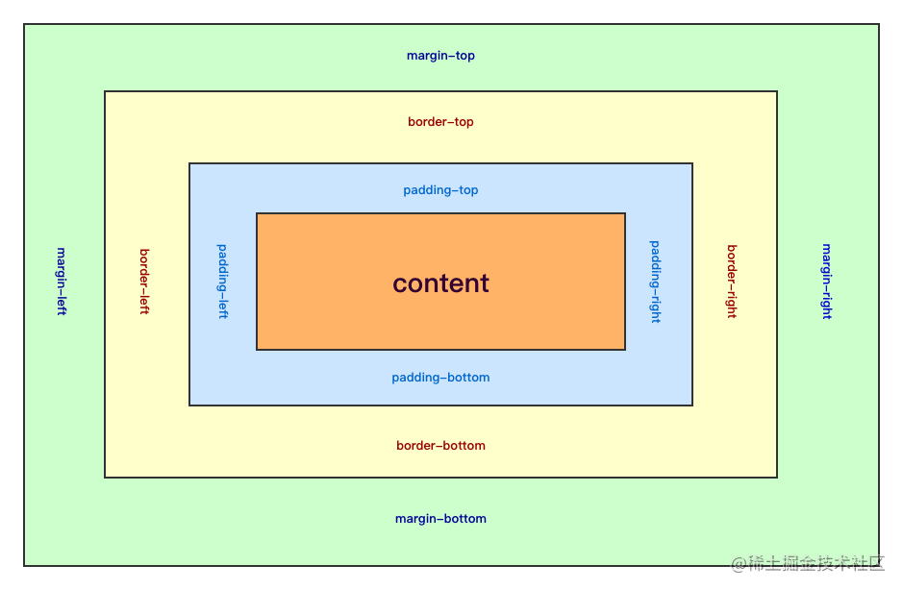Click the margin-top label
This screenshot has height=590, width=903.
click(440, 56)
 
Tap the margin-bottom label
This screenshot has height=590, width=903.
click(440, 519)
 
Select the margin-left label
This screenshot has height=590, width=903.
click(62, 282)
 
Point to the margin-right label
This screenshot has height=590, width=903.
click(826, 282)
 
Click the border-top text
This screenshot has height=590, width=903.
click(440, 122)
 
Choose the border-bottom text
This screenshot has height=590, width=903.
click(440, 446)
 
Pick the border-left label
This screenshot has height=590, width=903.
click(144, 282)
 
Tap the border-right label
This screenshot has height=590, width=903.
click(732, 282)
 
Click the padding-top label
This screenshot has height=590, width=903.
click(440, 190)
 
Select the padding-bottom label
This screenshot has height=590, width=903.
click(440, 378)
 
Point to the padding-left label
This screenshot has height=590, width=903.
click(223, 282)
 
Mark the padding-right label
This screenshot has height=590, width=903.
click(656, 282)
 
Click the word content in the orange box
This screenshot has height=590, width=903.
click(440, 283)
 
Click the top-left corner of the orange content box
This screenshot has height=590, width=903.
click(257, 213)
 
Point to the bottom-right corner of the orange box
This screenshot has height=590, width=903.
click(625, 349)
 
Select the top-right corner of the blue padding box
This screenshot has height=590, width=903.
click(691, 164)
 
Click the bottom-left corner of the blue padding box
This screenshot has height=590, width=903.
click(189, 405)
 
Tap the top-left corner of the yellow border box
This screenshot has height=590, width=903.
click(105, 92)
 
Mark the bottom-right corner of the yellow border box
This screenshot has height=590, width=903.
click(776, 477)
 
